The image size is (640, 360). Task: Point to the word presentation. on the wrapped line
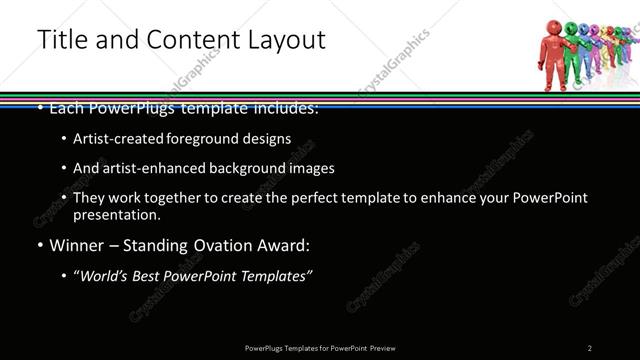click(116, 214)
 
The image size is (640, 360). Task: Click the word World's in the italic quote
click(103, 276)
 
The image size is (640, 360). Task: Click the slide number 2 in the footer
click(590, 348)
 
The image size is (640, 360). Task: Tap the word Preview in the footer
click(383, 348)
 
